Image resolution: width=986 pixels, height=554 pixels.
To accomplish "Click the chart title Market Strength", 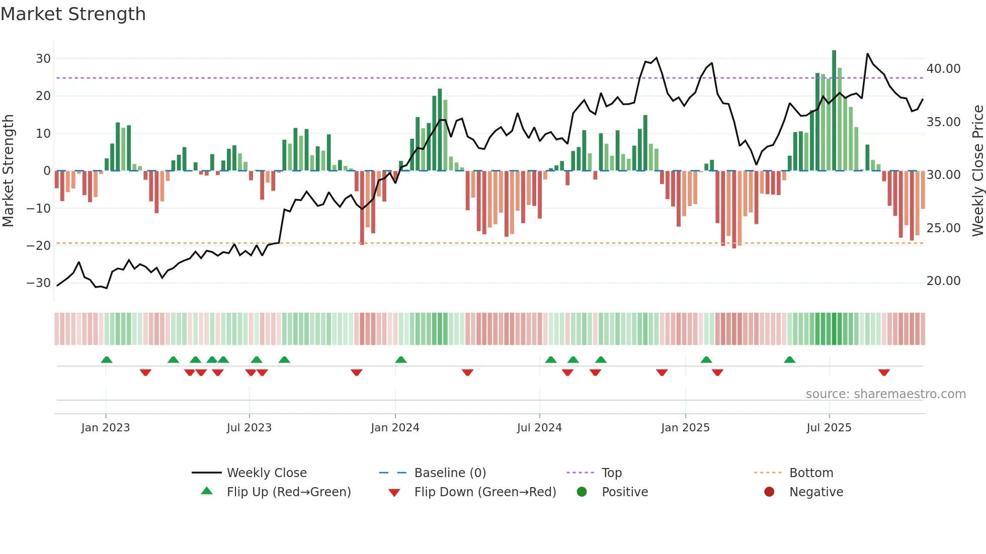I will (x=73, y=14).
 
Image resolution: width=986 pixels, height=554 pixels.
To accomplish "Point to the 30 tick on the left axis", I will (x=43, y=59).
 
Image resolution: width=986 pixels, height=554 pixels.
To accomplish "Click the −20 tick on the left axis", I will (x=39, y=246).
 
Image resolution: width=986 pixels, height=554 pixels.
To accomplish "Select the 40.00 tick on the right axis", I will (x=943, y=69).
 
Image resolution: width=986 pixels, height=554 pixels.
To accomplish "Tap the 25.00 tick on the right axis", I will (x=943, y=228).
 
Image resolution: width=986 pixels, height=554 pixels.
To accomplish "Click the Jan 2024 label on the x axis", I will (x=395, y=428).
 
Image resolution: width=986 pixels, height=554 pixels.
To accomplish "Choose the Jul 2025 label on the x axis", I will (x=829, y=428).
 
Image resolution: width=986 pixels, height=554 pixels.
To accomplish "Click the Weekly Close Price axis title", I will (x=977, y=171).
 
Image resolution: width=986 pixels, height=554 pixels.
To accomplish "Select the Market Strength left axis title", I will (x=9, y=171).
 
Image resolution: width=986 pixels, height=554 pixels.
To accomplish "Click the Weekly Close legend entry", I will (x=266, y=473).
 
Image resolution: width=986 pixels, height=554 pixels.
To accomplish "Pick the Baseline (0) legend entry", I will (x=450, y=473).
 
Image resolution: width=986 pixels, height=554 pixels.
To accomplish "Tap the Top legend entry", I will (x=611, y=473).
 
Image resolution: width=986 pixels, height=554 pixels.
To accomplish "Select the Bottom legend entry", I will (x=811, y=473).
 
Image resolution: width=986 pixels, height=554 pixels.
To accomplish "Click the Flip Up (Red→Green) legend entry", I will (x=288, y=492).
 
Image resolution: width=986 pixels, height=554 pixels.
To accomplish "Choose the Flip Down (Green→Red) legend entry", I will (x=485, y=492).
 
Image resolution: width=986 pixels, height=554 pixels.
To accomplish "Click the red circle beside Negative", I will (x=769, y=492).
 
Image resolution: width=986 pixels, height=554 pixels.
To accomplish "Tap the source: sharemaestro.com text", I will (x=885, y=394).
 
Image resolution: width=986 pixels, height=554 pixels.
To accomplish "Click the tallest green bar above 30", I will (x=834, y=111).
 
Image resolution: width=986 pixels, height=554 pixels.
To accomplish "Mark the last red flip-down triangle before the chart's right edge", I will (x=884, y=373).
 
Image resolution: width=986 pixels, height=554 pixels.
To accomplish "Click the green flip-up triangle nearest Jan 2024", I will (x=401, y=359).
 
